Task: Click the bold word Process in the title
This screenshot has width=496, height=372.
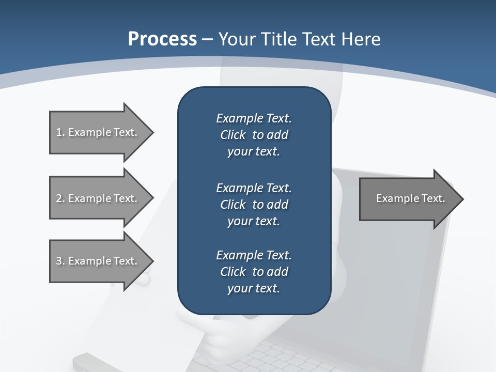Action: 162,39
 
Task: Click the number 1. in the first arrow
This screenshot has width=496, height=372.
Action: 60,132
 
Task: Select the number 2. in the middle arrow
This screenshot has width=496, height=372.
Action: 60,198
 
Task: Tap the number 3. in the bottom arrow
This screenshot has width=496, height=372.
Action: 60,261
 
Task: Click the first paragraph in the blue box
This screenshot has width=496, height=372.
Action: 254,135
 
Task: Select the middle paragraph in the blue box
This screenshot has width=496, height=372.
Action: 254,204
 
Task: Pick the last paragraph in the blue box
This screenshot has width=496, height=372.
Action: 254,272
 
